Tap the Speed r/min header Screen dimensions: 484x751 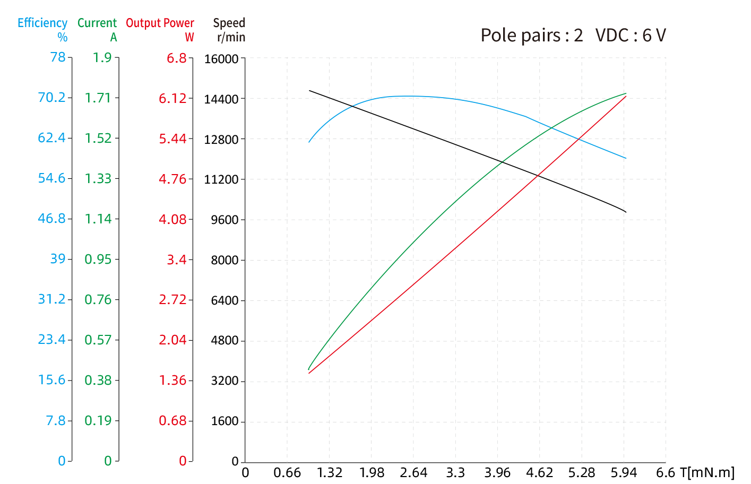tap(229, 30)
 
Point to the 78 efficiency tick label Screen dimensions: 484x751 tap(58, 57)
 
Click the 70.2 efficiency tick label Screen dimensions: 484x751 tap(51, 98)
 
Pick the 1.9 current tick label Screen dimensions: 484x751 tap(102, 57)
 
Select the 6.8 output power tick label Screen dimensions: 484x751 tap(176, 58)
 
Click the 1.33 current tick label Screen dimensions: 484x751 tap(98, 179)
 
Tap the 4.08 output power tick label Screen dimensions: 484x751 tap(172, 219)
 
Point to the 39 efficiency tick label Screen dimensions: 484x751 tap(58, 259)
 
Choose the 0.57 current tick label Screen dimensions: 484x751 tap(98, 340)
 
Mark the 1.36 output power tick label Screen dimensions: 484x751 tap(172, 381)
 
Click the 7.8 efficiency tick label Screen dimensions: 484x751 tap(56, 421)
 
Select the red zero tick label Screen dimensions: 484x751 tap(183, 461)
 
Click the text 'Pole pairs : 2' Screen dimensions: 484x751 tap(531, 36)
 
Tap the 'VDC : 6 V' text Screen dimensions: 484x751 tap(631, 36)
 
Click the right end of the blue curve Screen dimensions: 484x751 tap(626, 158)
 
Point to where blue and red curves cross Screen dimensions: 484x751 tap(579, 139)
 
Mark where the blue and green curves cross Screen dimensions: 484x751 tap(550, 127)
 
